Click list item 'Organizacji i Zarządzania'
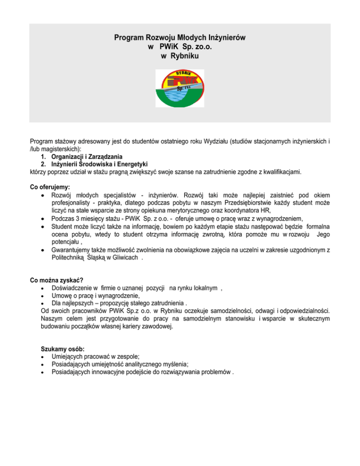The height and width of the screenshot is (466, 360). [x=92, y=156]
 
